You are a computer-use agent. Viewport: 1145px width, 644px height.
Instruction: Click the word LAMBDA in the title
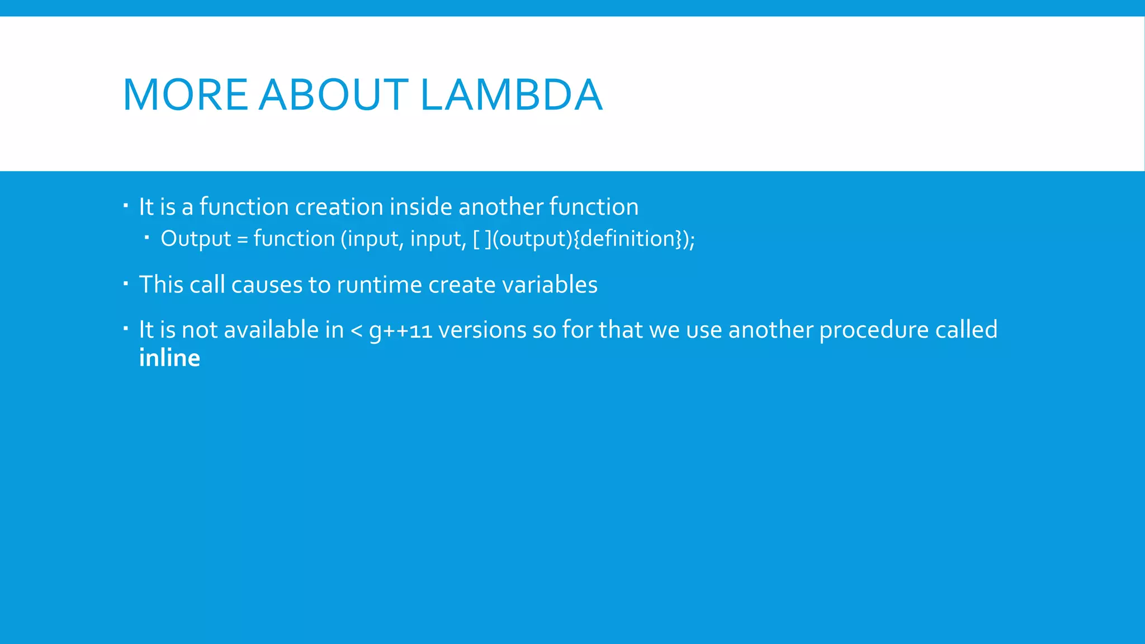click(511, 94)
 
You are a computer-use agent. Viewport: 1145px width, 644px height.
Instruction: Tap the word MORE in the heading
click(185, 94)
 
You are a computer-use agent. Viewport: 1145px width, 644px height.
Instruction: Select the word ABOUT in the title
click(334, 94)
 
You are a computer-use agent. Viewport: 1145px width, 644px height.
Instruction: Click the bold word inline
click(169, 358)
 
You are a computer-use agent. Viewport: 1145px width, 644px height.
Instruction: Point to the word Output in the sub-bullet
click(196, 239)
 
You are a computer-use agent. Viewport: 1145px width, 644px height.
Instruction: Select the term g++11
click(401, 330)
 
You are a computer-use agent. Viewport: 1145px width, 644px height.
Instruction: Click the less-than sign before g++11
click(356, 330)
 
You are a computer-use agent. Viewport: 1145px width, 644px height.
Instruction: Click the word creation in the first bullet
click(339, 207)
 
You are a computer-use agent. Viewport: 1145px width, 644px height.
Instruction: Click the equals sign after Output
click(242, 239)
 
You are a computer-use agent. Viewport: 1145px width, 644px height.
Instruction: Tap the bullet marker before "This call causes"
click(126, 284)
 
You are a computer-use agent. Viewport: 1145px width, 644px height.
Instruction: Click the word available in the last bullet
click(271, 330)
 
